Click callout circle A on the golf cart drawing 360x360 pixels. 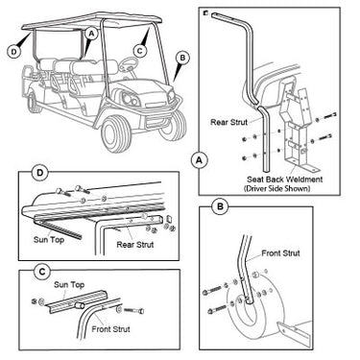click(91, 33)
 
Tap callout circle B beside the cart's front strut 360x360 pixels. click(182, 58)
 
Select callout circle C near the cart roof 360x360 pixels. click(139, 51)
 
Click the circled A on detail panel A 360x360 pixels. click(199, 160)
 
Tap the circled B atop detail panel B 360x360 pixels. click(221, 206)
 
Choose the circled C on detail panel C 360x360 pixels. click(42, 272)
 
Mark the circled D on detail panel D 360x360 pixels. click(39, 173)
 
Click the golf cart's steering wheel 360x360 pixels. click(129, 64)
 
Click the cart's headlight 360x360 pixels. click(130, 98)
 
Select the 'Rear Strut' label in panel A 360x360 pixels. click(229, 122)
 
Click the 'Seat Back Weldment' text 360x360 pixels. click(285, 180)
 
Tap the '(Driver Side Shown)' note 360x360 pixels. click(277, 188)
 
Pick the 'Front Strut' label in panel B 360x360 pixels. click(280, 253)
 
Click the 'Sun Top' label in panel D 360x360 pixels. click(49, 240)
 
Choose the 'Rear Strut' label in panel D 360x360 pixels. click(135, 245)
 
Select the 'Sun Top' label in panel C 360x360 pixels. click(69, 285)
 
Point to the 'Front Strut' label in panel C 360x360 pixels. click(111, 329)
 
